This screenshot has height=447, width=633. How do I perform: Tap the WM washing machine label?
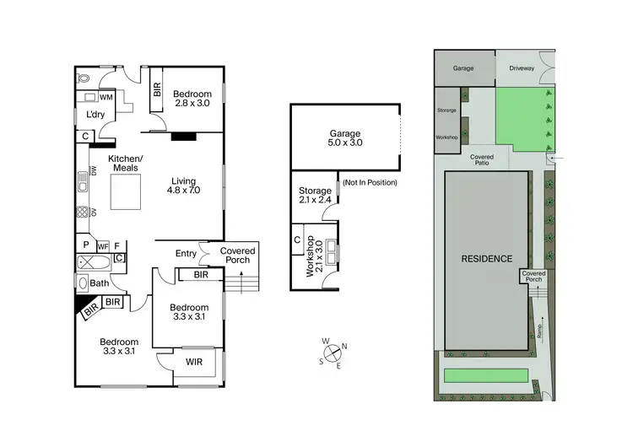coord(107,98)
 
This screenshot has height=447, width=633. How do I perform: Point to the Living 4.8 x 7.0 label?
coord(183,186)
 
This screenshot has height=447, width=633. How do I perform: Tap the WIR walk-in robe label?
coord(193,364)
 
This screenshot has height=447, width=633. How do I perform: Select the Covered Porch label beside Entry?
coord(238,255)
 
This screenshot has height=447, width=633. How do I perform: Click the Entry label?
coord(186,254)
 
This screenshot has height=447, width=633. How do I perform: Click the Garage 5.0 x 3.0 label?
coord(344,138)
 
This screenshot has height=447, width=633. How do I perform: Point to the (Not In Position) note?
coord(369,183)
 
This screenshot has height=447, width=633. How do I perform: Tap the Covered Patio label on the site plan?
coord(483,159)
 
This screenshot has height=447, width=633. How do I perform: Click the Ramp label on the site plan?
coord(539,331)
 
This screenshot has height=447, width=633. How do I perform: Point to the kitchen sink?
coord(84,178)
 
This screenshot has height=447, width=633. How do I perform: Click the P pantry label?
coord(86,245)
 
